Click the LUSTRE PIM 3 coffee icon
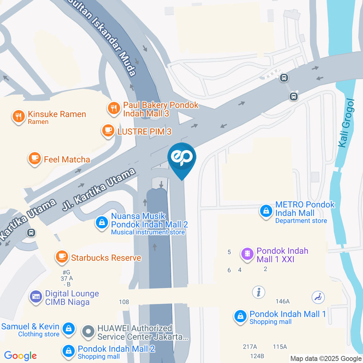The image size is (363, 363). click(x=108, y=131)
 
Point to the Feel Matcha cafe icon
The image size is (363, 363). click(x=35, y=159)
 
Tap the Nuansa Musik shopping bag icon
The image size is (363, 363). click(x=102, y=222)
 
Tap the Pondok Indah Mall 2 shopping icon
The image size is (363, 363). click(x=68, y=351)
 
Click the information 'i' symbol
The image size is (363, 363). click(x=259, y=292)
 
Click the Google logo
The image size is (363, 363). click(x=20, y=355)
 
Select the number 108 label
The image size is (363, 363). click(x=124, y=302)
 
